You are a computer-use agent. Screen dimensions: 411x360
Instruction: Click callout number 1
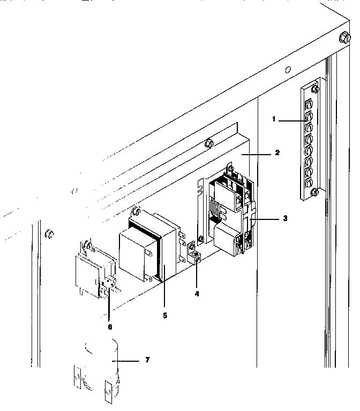click(274, 119)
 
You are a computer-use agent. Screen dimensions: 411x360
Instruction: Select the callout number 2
click(277, 153)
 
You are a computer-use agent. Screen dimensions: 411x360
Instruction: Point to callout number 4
click(197, 293)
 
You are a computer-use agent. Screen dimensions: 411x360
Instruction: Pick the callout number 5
click(165, 316)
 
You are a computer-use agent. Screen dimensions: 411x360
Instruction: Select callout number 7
click(147, 360)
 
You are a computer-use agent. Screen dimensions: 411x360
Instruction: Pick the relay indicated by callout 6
click(94, 273)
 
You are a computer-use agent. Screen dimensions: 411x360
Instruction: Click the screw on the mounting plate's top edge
click(210, 143)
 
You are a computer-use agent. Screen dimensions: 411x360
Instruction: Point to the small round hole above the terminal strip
click(288, 70)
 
